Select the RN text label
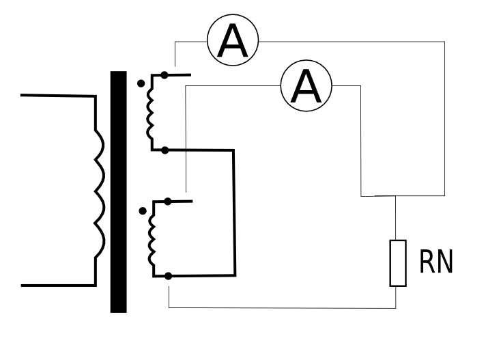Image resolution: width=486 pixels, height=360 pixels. click(436, 262)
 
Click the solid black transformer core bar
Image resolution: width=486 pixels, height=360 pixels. click(118, 192)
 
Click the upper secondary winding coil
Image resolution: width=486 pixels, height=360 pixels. click(149, 113)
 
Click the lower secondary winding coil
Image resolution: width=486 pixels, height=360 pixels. click(152, 240)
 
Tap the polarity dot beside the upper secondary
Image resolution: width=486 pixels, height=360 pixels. click(141, 83)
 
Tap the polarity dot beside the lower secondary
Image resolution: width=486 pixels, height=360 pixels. click(143, 211)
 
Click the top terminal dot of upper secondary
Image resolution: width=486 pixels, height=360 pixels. click(165, 74)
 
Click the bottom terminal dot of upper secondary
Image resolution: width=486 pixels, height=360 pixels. click(165, 150)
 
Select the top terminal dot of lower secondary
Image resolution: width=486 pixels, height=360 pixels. click(167, 202)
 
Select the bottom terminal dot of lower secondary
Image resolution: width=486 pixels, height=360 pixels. click(168, 276)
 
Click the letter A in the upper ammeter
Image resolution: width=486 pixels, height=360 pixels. click(233, 40)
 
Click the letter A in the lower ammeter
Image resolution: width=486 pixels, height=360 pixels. click(306, 86)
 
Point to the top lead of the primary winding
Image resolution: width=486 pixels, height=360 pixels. click(58, 96)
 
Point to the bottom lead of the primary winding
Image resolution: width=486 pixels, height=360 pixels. click(59, 286)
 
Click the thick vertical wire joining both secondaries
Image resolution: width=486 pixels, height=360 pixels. click(235, 212)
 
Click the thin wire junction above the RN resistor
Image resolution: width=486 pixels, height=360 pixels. click(395, 196)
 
